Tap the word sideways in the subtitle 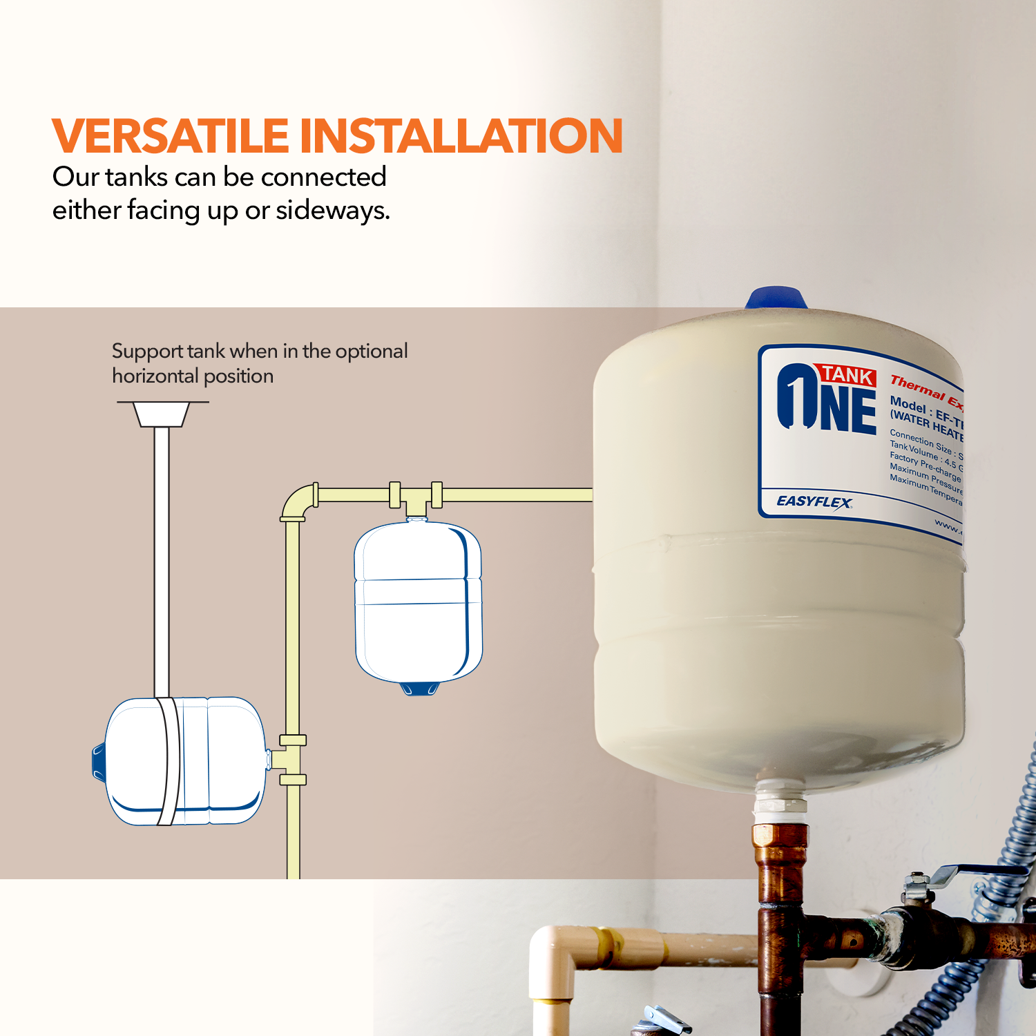pos(332,211)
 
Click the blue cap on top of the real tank pos(776,298)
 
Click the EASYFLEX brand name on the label pos(814,501)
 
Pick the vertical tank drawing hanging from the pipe pos(417,601)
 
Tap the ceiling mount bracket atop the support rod pos(162,414)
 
